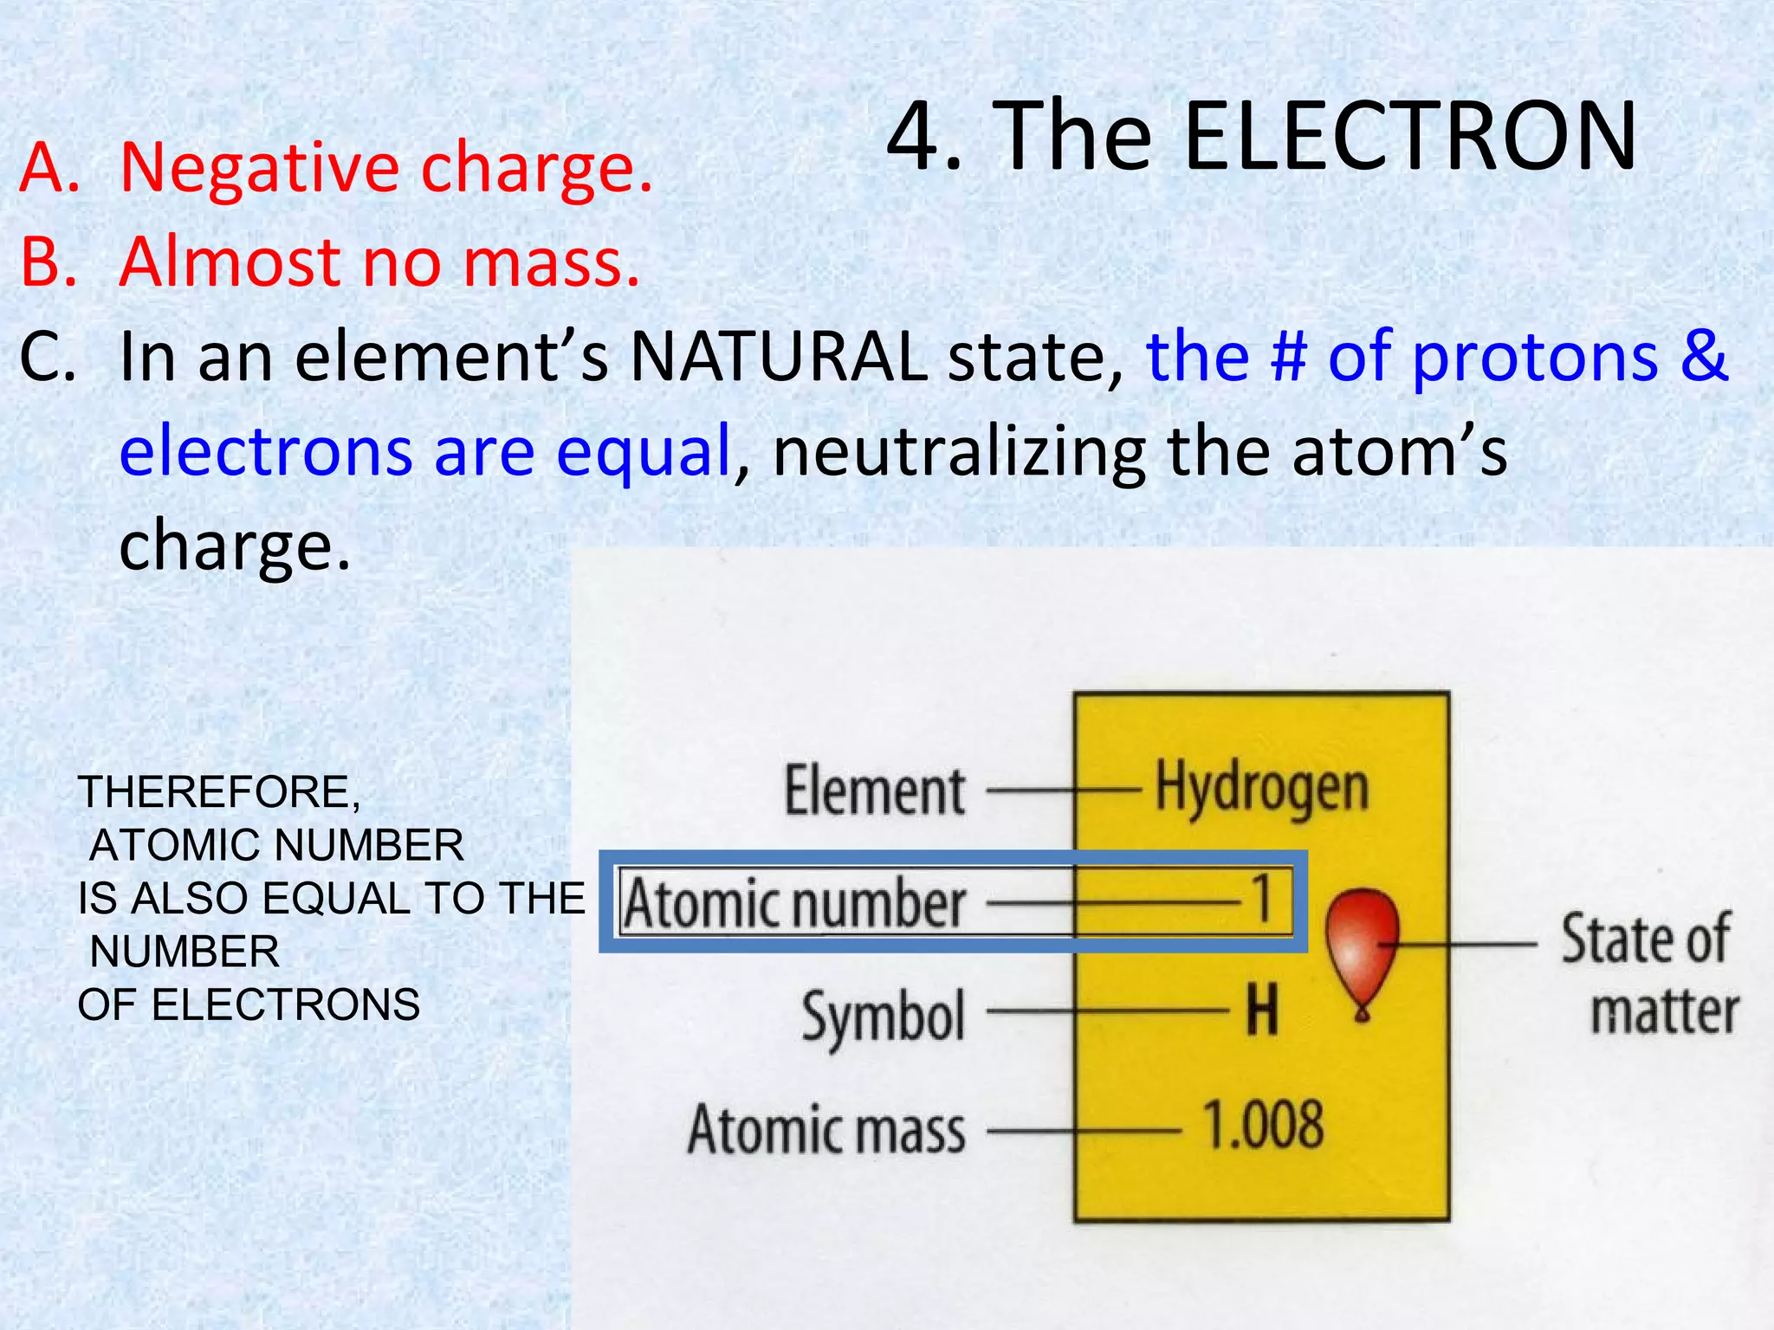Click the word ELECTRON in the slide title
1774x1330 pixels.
pyautogui.click(x=1408, y=136)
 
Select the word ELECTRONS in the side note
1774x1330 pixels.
pyautogui.click(x=286, y=1005)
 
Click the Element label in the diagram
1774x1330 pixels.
pyautogui.click(x=875, y=791)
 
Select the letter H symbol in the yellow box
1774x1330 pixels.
pyautogui.click(x=1261, y=1010)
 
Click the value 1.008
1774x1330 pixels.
pyautogui.click(x=1263, y=1125)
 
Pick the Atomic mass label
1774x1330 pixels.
pyautogui.click(x=826, y=1130)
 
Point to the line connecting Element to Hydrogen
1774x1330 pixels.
pyautogui.click(x=1063, y=791)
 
